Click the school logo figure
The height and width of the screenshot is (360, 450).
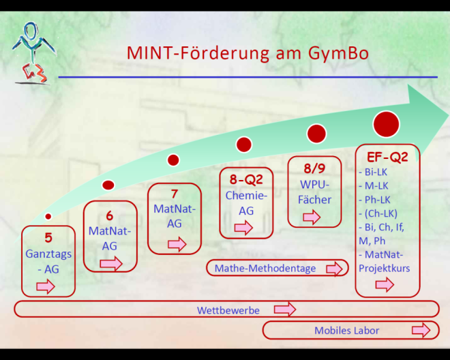click(33, 54)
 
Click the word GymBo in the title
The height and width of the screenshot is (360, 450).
click(338, 52)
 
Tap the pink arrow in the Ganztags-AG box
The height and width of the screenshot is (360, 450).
click(46, 286)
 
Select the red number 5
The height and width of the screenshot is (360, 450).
click(48, 238)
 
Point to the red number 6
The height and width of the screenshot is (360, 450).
click(109, 216)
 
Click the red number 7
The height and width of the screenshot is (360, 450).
click(175, 194)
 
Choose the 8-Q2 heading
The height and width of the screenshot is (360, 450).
click(246, 180)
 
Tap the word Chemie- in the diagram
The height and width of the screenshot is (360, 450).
click(246, 196)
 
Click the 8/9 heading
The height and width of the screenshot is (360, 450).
click(314, 168)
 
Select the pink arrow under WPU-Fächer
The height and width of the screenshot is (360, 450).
click(312, 217)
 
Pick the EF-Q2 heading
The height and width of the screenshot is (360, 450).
click(387, 157)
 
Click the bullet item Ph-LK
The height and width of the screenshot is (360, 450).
click(374, 200)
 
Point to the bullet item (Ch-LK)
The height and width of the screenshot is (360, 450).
click(378, 213)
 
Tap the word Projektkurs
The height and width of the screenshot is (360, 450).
click(385, 269)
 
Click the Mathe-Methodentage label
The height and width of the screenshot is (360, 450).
click(265, 269)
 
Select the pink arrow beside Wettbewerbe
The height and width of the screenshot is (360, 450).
click(285, 309)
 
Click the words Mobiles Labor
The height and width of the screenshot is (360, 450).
click(346, 331)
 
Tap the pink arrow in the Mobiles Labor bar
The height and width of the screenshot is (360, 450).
click(421, 330)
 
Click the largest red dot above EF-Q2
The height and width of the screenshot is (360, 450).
click(387, 124)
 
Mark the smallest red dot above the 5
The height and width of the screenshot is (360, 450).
click(48, 216)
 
